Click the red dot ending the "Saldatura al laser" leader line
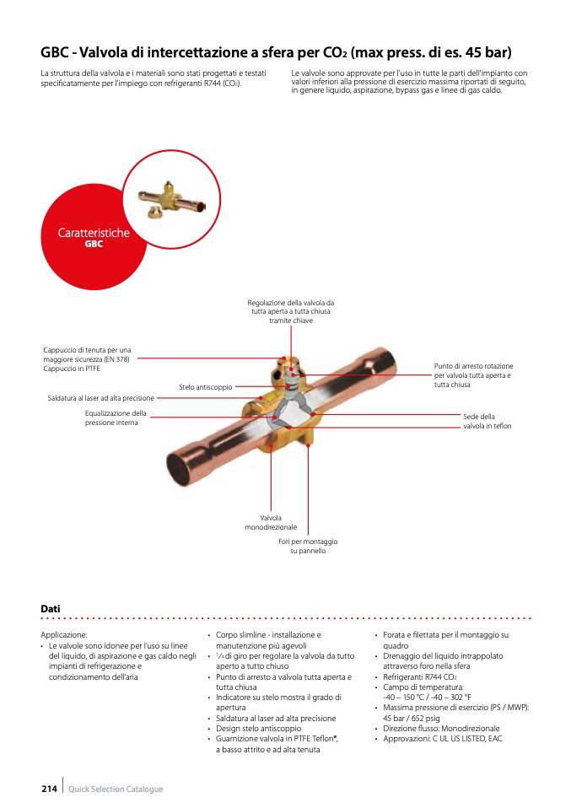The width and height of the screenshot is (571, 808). click(261, 398)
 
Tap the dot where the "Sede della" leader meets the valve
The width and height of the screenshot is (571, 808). click(313, 414)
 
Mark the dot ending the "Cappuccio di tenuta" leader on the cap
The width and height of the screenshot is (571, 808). click(284, 358)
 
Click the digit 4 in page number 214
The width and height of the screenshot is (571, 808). click(54, 789)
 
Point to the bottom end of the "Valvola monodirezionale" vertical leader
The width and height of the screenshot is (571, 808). click(271, 510)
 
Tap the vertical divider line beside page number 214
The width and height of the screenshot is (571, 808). click(63, 785)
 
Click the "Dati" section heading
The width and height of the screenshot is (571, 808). click(51, 609)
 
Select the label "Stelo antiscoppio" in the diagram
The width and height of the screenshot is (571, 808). click(206, 387)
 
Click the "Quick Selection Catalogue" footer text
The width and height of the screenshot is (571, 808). click(116, 789)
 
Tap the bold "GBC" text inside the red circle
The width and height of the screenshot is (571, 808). click(94, 244)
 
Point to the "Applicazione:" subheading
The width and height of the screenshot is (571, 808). click(64, 635)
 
